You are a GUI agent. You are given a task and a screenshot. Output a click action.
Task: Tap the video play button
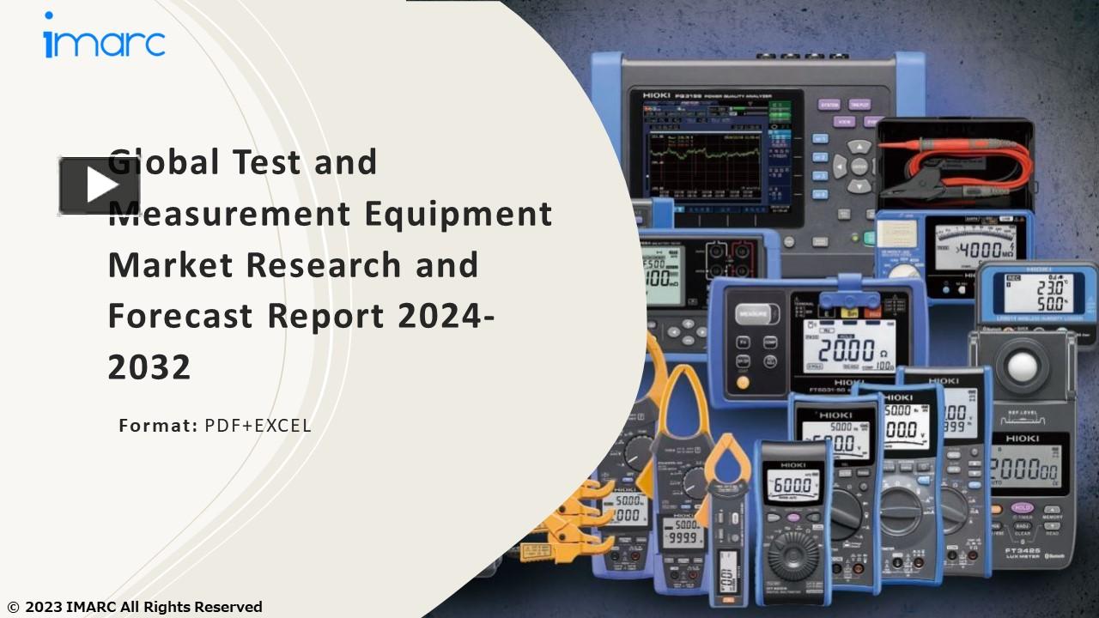[x=99, y=185]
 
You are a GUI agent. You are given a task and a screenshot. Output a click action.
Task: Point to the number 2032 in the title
[x=149, y=367]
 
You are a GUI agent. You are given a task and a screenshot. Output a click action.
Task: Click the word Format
[x=158, y=425]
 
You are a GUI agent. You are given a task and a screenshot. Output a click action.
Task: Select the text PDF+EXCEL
[x=258, y=425]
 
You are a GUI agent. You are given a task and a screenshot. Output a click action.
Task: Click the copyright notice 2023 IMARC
[x=135, y=607]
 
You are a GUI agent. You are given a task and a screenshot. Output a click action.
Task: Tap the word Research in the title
[x=325, y=264]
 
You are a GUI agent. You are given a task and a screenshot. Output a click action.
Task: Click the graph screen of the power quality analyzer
[x=703, y=163]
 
